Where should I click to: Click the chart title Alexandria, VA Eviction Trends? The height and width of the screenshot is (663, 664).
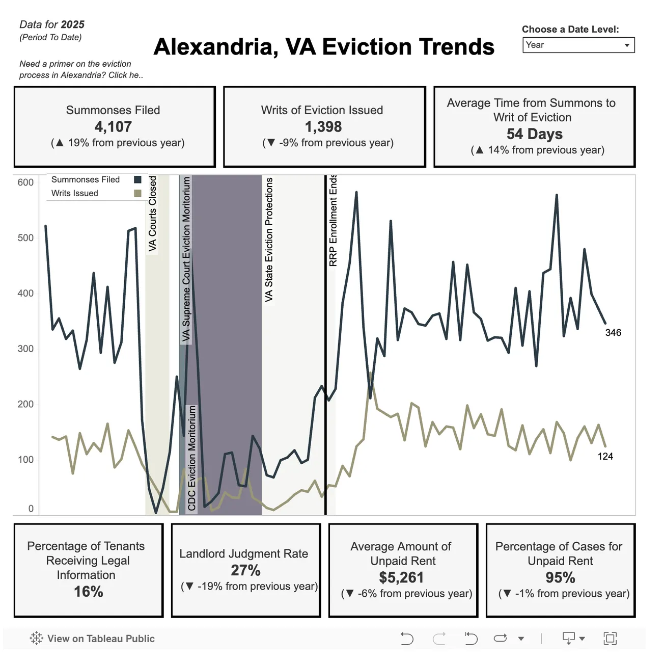click(324, 47)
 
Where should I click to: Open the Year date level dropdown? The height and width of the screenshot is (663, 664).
click(578, 45)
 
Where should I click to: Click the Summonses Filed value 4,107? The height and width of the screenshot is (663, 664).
click(113, 126)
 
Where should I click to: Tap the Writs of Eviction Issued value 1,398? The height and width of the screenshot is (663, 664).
click(323, 126)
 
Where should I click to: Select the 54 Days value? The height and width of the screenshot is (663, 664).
click(534, 134)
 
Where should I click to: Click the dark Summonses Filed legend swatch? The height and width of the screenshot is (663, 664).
click(137, 179)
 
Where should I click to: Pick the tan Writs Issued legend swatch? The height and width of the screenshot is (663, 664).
click(137, 193)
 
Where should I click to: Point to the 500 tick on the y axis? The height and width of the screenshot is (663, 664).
click(25, 238)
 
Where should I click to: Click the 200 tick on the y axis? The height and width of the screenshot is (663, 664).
click(25, 404)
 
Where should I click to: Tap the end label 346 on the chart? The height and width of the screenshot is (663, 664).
click(613, 333)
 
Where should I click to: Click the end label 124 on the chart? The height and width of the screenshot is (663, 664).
click(605, 457)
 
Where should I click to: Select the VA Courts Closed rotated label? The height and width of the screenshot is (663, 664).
click(153, 214)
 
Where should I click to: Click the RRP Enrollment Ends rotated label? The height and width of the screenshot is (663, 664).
click(333, 220)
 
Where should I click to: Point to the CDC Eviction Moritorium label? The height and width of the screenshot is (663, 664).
click(191, 458)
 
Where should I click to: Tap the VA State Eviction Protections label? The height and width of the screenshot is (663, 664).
click(269, 240)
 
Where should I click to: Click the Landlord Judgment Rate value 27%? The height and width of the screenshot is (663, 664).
click(245, 570)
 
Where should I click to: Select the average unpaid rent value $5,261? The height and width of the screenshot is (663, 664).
click(401, 577)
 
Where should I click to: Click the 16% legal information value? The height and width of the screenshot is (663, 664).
click(89, 592)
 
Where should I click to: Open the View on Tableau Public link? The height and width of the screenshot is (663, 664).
click(92, 639)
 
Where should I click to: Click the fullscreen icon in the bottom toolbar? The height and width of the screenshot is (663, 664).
click(610, 638)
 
